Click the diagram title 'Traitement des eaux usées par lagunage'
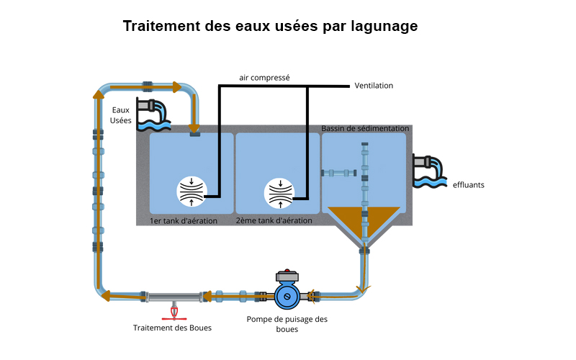click(270, 27)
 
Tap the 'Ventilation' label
click(374, 86)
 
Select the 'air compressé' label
click(264, 77)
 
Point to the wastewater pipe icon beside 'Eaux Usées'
click(153, 114)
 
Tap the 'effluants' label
click(469, 185)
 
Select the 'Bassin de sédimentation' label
click(365, 128)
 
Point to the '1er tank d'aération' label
click(183, 221)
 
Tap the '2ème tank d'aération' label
click(274, 221)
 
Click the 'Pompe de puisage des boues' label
click(287, 324)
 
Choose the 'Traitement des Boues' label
click(172, 328)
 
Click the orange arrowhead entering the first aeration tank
click(194, 127)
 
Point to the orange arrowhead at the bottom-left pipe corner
click(105, 295)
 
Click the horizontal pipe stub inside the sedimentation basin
click(339, 173)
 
